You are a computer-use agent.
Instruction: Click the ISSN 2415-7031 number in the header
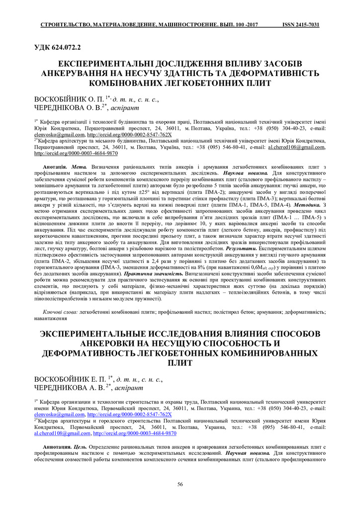coord(300,24)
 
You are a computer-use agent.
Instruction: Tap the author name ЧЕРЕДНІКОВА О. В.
coord(67,107)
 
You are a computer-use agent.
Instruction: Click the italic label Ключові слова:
coord(61,312)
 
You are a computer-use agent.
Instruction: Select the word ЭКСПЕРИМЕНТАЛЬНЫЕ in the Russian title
coord(97,334)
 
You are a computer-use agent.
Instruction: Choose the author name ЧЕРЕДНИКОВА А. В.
coord(68,388)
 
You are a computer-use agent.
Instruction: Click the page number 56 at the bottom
coord(180,484)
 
